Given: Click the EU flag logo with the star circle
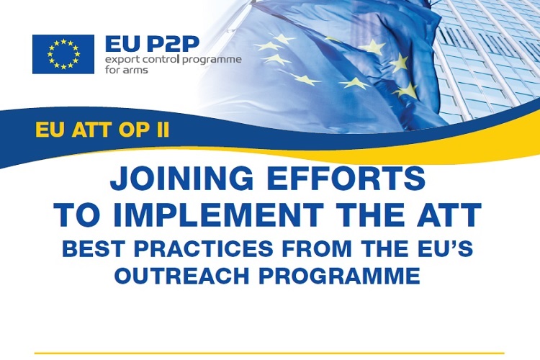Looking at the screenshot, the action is [x=63, y=54].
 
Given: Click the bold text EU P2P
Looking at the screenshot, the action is [x=152, y=44].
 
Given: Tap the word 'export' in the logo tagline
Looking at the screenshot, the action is [x=119, y=60].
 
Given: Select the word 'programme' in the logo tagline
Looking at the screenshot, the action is [x=212, y=60].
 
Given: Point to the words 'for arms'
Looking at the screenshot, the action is [x=127, y=70].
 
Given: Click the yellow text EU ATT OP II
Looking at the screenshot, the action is [x=102, y=130].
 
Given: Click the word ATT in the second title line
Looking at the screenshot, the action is [x=449, y=215].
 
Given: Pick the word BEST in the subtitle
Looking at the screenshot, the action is [x=95, y=248].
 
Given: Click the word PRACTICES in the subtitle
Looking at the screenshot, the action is [x=204, y=248].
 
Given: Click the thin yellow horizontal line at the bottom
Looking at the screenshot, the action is [x=269, y=353].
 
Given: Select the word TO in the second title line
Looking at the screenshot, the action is [x=77, y=215].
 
